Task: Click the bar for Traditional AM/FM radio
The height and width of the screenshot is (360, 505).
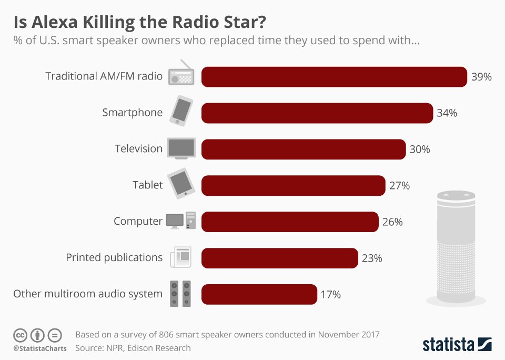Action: (x=334, y=77)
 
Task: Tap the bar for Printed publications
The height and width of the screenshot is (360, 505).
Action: (x=279, y=258)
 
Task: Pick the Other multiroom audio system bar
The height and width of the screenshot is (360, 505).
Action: (x=259, y=294)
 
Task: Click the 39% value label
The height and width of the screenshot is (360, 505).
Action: (x=481, y=77)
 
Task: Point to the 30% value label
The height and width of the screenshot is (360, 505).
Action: (x=420, y=149)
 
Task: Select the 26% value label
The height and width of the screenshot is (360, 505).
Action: (x=392, y=222)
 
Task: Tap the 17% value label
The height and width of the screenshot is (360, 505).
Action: (x=331, y=295)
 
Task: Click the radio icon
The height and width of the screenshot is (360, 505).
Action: (x=181, y=74)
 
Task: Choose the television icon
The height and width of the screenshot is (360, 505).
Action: (x=181, y=148)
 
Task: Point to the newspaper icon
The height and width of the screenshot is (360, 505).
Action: (x=181, y=257)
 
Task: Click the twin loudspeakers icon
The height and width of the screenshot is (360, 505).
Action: (x=180, y=294)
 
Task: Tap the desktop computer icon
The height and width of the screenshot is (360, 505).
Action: (x=181, y=221)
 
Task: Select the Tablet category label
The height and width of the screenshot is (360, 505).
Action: (x=147, y=185)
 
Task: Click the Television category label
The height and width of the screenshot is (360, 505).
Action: (x=139, y=149)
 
